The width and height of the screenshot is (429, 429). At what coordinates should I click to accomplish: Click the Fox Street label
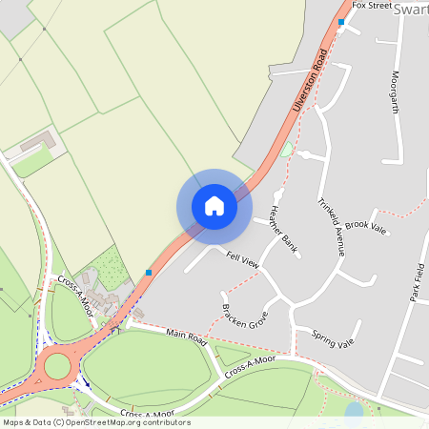pos(372,6)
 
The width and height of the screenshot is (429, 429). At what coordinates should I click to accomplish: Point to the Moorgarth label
pos(395,92)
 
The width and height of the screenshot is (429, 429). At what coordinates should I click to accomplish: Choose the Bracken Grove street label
pos(244,317)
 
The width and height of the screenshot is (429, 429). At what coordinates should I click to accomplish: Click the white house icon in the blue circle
pos(214,206)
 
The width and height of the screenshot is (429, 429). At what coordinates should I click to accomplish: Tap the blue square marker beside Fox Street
pos(341,21)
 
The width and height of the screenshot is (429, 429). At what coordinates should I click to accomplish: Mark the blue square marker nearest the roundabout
pos(149,273)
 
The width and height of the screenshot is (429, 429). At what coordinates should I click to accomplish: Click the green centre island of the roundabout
pos(57,365)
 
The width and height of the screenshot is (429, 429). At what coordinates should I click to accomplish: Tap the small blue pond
pos(354,411)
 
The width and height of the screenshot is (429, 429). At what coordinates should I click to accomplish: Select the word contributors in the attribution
pos(165,422)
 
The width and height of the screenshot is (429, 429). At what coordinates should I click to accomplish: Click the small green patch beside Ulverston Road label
pos(286,150)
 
